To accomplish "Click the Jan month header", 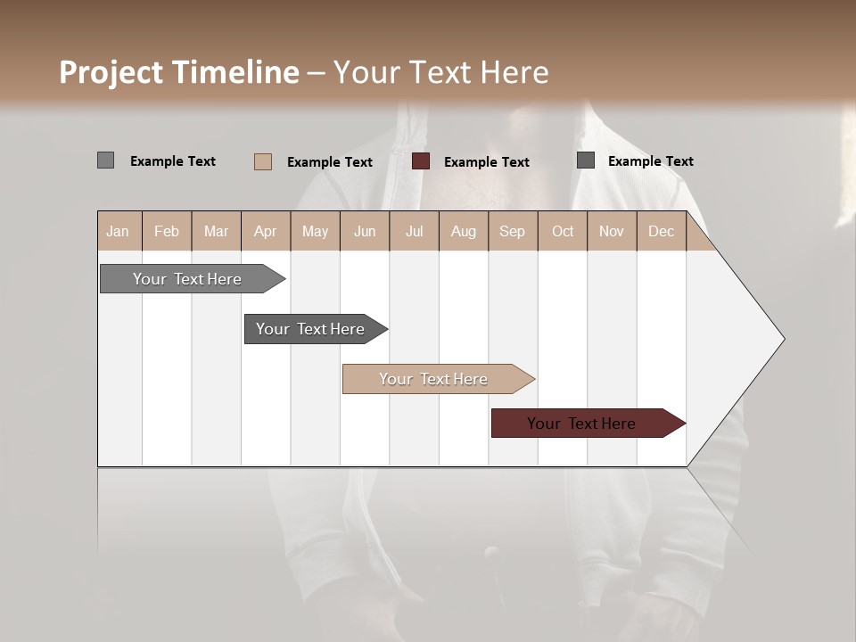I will (119, 231).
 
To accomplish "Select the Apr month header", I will (266, 231).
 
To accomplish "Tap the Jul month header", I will (414, 231).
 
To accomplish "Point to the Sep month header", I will (513, 231).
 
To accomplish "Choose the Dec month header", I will (661, 231).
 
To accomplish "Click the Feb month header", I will (167, 231).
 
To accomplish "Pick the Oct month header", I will (563, 231).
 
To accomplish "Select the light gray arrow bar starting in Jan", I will (187, 279).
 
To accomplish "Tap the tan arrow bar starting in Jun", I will (434, 379).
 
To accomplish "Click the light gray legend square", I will (105, 160).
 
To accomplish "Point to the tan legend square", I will (262, 161).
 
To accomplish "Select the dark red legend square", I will (421, 161).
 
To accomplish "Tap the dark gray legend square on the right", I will (586, 160).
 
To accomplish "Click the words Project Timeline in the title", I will (178, 72).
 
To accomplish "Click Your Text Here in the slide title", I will (441, 72).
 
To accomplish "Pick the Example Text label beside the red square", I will (487, 162).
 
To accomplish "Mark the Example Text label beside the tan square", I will (330, 162).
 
